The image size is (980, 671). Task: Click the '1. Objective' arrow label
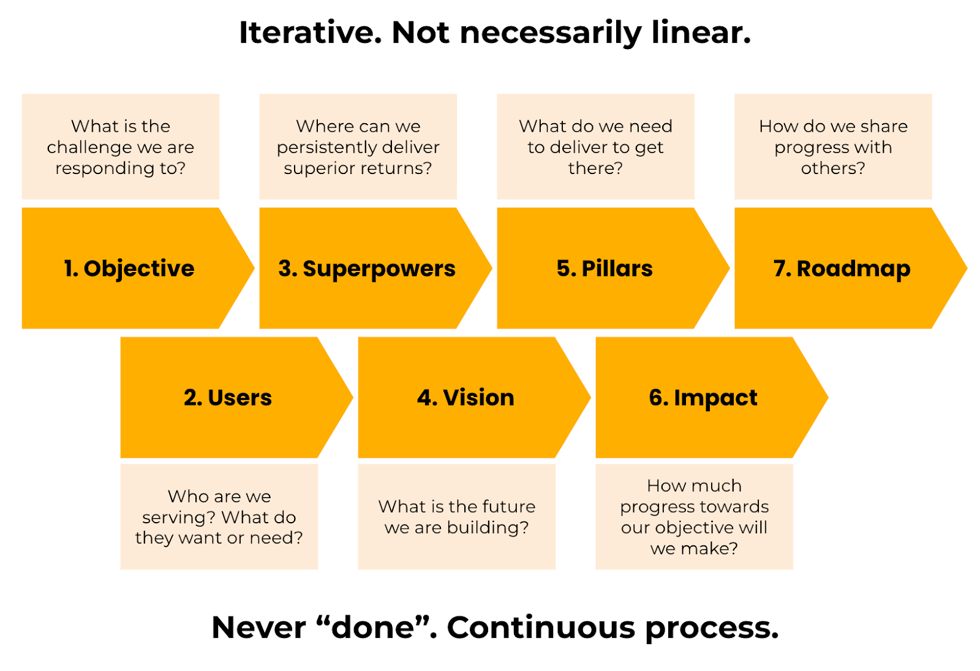(129, 268)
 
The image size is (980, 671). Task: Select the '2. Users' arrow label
(228, 398)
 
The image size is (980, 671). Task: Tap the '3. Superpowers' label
(366, 268)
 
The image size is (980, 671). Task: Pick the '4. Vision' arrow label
(466, 398)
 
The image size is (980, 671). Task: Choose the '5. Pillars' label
(605, 268)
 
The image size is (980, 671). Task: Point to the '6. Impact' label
(703, 398)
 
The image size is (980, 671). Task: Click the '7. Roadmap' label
(842, 268)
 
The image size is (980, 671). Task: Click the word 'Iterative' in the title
(310, 32)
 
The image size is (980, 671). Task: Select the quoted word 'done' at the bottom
(373, 627)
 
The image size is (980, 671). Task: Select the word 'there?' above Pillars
(595, 168)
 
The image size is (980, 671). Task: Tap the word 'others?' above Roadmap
(833, 168)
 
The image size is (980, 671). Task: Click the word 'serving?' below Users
(179, 517)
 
